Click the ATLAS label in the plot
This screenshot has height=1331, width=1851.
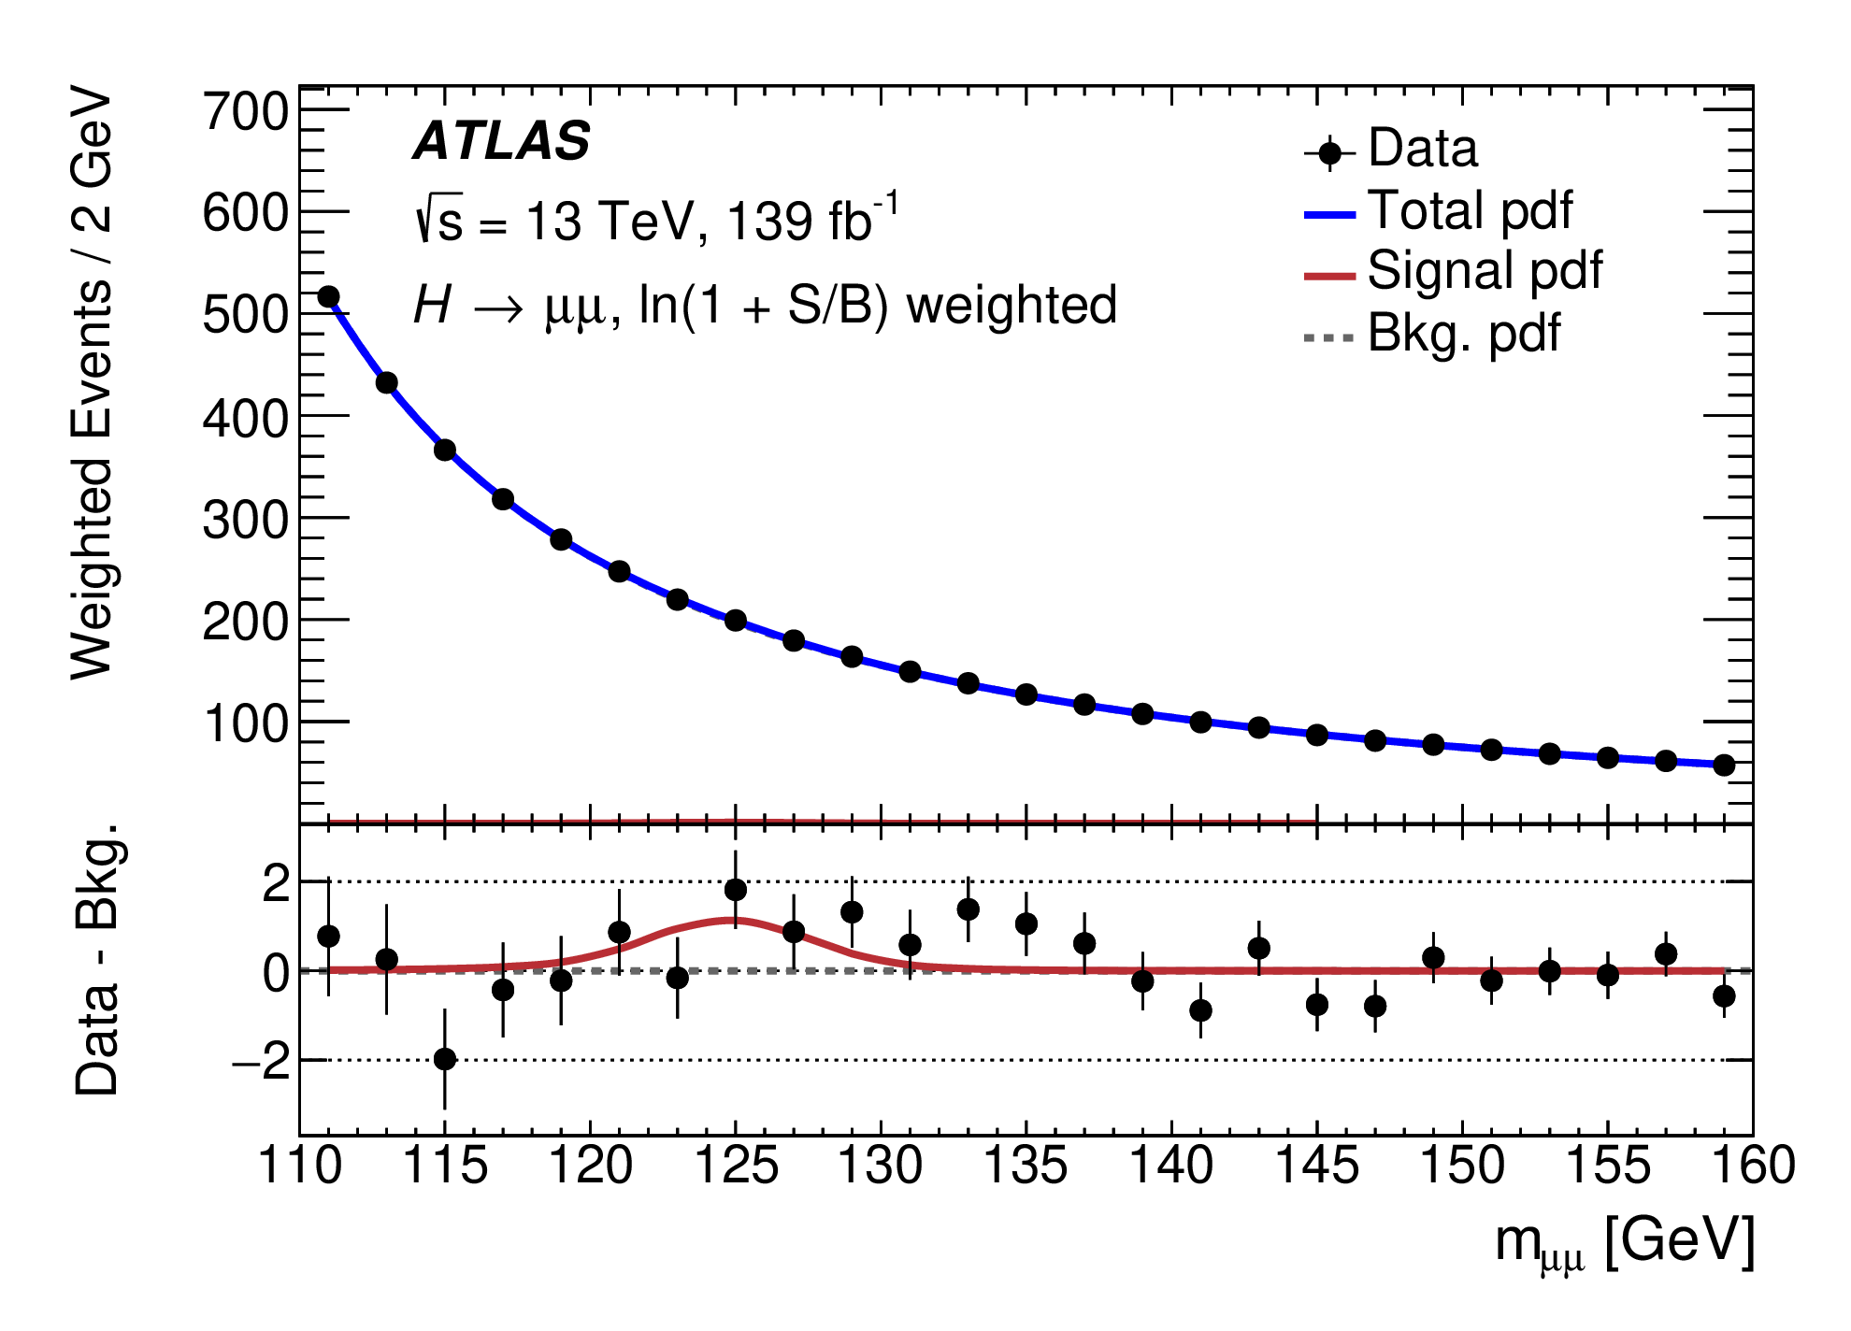(502, 142)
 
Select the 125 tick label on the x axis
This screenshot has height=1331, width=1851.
(736, 1166)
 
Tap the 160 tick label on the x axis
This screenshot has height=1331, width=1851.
(1752, 1166)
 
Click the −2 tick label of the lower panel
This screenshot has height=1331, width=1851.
(261, 1062)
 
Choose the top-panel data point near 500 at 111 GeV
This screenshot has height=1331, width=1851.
(328, 297)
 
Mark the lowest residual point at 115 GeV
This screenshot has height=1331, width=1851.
(445, 1059)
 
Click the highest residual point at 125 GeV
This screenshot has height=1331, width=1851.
(736, 889)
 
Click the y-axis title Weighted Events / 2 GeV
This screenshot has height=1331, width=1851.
(92, 383)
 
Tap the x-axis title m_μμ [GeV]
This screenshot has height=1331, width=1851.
(1625, 1243)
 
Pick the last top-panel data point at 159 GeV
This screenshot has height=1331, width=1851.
(1724, 766)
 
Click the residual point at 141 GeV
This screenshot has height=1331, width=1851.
(1201, 1010)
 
